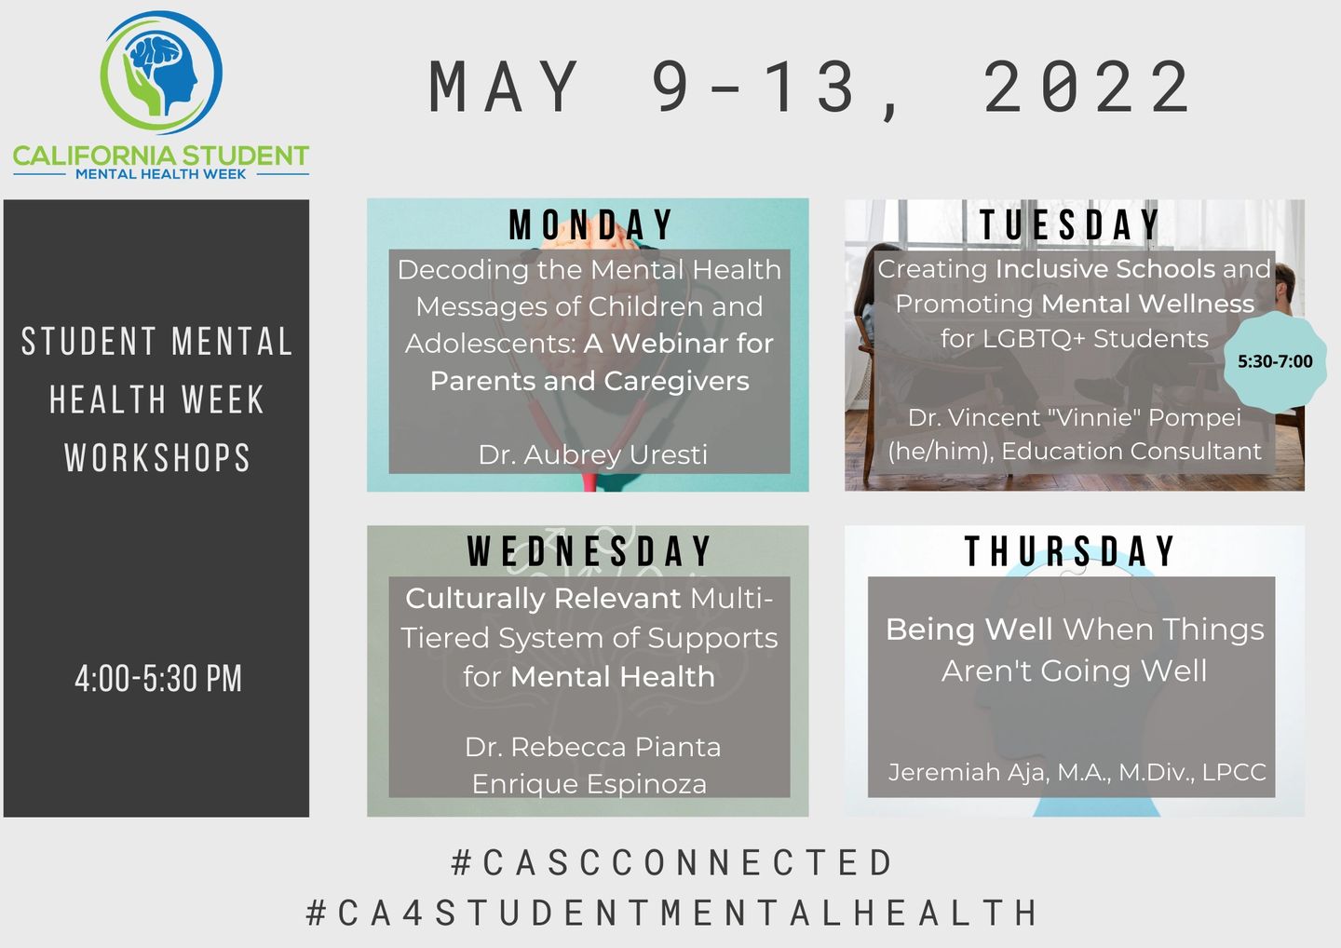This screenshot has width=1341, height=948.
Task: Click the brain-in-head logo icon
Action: click(x=161, y=73)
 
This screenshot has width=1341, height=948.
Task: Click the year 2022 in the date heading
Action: click(x=1087, y=88)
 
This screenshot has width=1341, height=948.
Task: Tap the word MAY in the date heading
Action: click(x=504, y=88)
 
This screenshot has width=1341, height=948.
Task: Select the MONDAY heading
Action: click(x=590, y=225)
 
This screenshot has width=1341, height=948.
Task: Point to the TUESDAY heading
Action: click(x=1070, y=225)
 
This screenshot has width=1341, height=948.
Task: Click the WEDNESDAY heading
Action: click(x=589, y=550)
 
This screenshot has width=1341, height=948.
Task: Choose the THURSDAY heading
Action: click(x=1070, y=550)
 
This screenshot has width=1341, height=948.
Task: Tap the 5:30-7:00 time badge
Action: click(x=1275, y=361)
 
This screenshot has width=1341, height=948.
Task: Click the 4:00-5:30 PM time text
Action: click(x=158, y=679)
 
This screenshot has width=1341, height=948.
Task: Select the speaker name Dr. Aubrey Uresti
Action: click(x=592, y=454)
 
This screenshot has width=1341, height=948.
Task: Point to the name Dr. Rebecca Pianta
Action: click(x=592, y=747)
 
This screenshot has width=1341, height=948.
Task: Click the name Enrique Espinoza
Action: click(x=589, y=784)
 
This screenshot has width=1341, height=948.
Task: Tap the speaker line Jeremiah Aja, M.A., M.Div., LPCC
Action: click(x=1077, y=772)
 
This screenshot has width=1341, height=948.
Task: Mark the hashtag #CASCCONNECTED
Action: click(x=671, y=862)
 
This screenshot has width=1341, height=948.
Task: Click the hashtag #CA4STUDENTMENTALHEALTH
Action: click(x=671, y=913)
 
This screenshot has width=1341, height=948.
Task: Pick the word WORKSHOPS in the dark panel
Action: click(x=157, y=458)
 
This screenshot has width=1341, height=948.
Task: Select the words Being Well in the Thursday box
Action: click(x=969, y=630)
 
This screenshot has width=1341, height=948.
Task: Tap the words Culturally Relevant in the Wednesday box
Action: click(x=543, y=599)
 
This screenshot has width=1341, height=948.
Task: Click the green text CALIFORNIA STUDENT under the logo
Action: click(x=161, y=156)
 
